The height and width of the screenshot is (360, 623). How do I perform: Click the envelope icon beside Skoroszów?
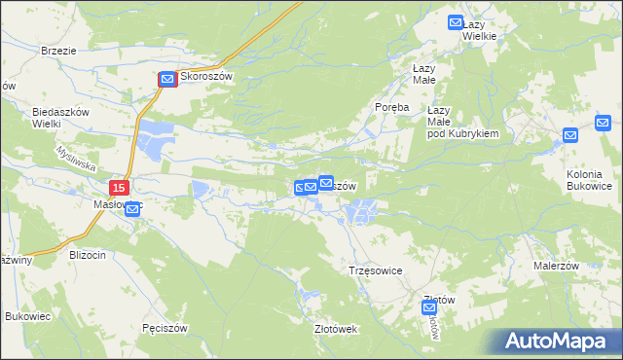(x=167, y=80)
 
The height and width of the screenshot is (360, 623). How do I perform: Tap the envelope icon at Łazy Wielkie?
(x=455, y=22)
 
